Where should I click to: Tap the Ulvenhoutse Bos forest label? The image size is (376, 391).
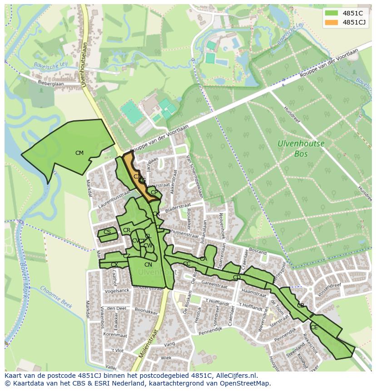coord(301,148)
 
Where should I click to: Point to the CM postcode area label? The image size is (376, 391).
coord(79,153)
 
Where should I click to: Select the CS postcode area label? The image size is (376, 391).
coord(107,232)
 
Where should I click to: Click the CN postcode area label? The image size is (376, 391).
coord(148,265)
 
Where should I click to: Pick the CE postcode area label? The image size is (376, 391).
coord(314,327)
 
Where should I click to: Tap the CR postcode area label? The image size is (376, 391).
coord(127,231)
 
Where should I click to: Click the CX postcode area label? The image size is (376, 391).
coord(114,265)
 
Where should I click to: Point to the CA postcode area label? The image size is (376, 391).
coord(203,259)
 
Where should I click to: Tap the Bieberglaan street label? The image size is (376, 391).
coord(51,84)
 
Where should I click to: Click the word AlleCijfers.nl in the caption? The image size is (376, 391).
coord(234,376)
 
